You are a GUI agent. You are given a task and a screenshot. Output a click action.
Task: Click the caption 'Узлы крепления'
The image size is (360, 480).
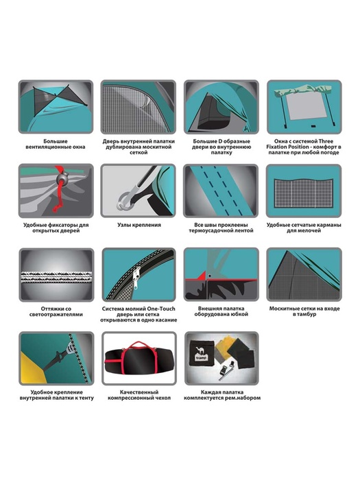(139, 225)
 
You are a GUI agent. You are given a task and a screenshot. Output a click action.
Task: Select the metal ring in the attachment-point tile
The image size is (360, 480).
(123, 202)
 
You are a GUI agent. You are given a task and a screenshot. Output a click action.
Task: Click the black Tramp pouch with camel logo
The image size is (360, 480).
(200, 352)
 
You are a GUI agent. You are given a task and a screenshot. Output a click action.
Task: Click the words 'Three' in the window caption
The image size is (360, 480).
(326, 141)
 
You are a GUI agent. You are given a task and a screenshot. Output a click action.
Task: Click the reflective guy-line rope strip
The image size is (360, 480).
(56, 277)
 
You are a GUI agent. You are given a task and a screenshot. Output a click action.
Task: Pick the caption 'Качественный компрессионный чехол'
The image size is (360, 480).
(139, 395)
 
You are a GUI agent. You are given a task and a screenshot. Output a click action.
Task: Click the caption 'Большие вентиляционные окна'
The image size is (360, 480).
(56, 144)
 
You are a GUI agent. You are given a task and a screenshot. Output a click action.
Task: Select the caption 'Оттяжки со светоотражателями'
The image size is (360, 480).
(56, 311)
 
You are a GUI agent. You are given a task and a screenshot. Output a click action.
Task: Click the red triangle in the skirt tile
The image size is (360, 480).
(201, 276)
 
